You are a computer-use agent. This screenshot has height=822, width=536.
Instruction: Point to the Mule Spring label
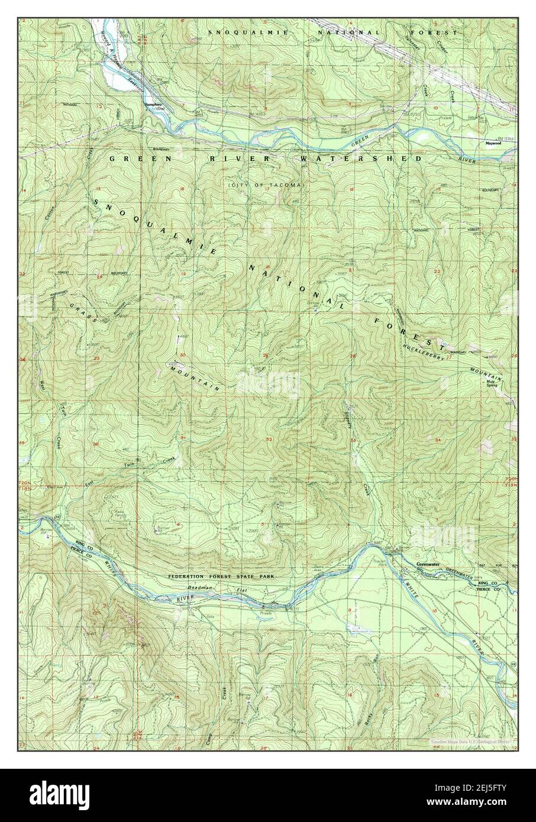point(492,383)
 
